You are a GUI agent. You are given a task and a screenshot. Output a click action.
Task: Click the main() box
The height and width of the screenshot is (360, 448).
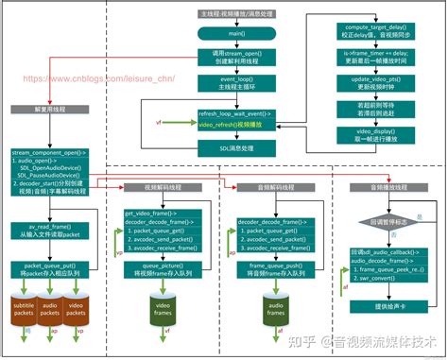[237, 34]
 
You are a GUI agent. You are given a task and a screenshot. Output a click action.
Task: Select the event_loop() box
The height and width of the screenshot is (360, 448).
[237, 84]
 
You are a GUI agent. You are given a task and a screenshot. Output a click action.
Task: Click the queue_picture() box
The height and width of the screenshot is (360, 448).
[162, 270]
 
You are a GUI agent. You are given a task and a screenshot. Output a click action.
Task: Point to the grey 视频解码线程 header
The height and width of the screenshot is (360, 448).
[162, 187]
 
